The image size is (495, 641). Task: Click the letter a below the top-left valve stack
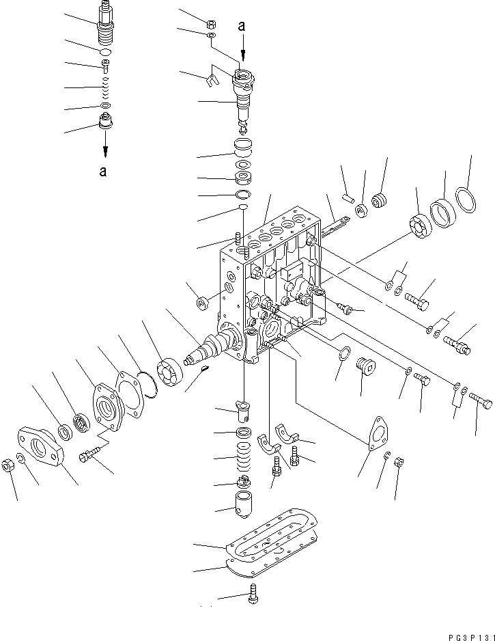[x=102, y=172]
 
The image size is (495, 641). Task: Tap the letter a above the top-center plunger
[x=241, y=26]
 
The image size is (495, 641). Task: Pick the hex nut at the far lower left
[x=9, y=466]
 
